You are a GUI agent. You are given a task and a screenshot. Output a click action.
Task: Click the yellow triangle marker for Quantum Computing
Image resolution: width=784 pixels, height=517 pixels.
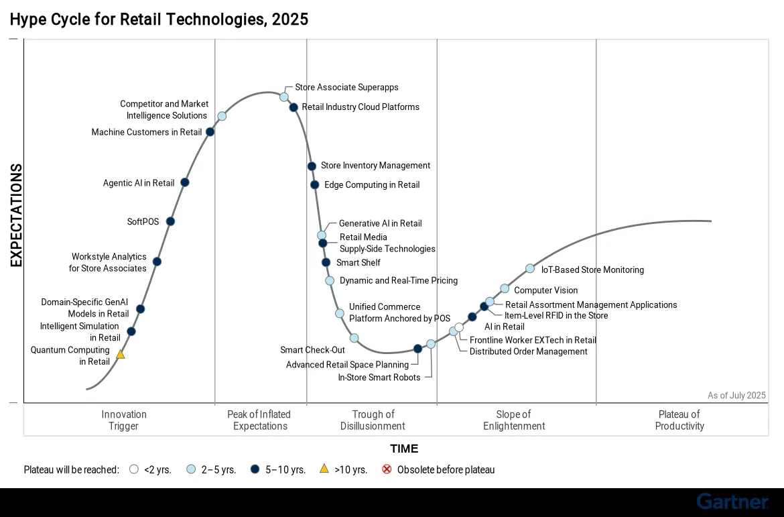click(x=121, y=354)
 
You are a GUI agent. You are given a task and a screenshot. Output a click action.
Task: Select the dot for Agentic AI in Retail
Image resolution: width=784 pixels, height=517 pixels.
click(x=185, y=182)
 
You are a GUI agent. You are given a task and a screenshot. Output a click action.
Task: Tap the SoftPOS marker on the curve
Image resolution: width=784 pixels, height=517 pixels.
click(x=170, y=221)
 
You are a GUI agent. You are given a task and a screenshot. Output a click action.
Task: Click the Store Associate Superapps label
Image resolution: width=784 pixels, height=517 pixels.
click(x=346, y=87)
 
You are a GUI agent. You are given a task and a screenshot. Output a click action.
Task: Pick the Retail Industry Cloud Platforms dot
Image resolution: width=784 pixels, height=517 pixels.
click(x=293, y=107)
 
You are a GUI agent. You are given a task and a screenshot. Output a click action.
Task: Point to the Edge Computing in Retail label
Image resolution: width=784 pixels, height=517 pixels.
click(x=372, y=185)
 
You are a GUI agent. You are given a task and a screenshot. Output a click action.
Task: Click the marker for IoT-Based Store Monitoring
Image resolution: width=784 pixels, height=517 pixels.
click(x=529, y=269)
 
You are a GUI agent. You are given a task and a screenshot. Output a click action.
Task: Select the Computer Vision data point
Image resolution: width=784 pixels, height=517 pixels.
click(x=505, y=289)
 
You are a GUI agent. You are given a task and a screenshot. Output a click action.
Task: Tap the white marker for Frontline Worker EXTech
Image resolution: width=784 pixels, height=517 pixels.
click(x=459, y=328)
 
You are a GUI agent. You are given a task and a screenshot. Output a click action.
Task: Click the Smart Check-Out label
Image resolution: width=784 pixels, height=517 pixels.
click(x=312, y=350)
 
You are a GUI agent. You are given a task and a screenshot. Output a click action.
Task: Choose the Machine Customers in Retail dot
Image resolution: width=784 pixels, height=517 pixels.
click(x=210, y=132)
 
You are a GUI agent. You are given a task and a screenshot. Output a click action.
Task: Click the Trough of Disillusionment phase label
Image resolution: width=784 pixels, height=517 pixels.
click(x=373, y=420)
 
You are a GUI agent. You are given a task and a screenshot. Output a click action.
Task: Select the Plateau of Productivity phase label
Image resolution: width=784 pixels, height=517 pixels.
click(x=679, y=420)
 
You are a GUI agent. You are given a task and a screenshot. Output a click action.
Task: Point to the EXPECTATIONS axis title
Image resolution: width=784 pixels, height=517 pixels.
click(x=16, y=216)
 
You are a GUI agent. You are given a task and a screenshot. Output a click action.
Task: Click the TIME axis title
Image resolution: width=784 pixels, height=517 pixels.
click(x=404, y=449)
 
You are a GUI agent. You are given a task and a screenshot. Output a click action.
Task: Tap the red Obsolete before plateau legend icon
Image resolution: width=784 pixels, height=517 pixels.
click(x=387, y=469)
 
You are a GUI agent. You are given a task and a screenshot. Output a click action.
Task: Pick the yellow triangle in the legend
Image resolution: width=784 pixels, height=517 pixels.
click(x=324, y=469)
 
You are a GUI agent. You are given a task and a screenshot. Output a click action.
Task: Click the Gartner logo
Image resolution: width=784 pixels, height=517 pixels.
click(x=732, y=502)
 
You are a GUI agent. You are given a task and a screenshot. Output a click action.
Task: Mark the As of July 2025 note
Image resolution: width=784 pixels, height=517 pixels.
click(x=736, y=396)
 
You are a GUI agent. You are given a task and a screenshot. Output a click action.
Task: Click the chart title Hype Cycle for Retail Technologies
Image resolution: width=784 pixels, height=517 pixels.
click(x=159, y=19)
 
